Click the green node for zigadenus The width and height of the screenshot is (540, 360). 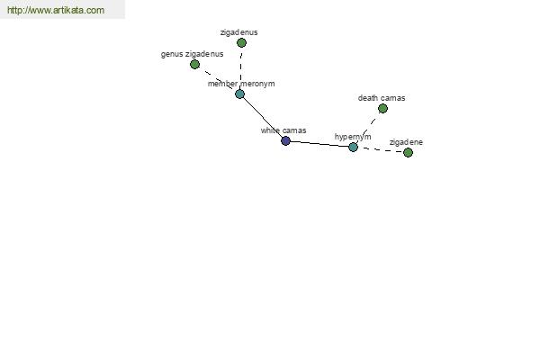241,42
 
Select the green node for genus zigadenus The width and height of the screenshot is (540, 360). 194,64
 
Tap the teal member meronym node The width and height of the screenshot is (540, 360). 239,94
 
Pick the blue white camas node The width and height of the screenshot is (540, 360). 285,140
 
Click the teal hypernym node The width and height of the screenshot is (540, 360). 353,147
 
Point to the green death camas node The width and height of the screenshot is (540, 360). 382,109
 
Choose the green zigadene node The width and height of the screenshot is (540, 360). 408,152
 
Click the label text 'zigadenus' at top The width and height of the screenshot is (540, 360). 239,32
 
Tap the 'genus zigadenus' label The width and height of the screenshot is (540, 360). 193,54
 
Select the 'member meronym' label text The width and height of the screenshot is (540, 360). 241,84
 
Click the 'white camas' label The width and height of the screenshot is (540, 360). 283,130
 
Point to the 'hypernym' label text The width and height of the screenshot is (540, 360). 353,137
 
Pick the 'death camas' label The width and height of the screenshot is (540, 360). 382,98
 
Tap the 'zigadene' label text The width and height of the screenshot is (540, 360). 407,142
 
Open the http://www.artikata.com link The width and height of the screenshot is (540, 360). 56,10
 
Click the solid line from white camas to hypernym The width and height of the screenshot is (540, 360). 319,144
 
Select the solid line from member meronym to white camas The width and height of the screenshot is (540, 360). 263,117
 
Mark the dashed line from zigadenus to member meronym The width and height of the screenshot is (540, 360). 240,68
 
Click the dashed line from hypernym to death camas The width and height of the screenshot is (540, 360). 368,128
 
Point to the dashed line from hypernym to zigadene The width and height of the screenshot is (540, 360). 380,150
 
